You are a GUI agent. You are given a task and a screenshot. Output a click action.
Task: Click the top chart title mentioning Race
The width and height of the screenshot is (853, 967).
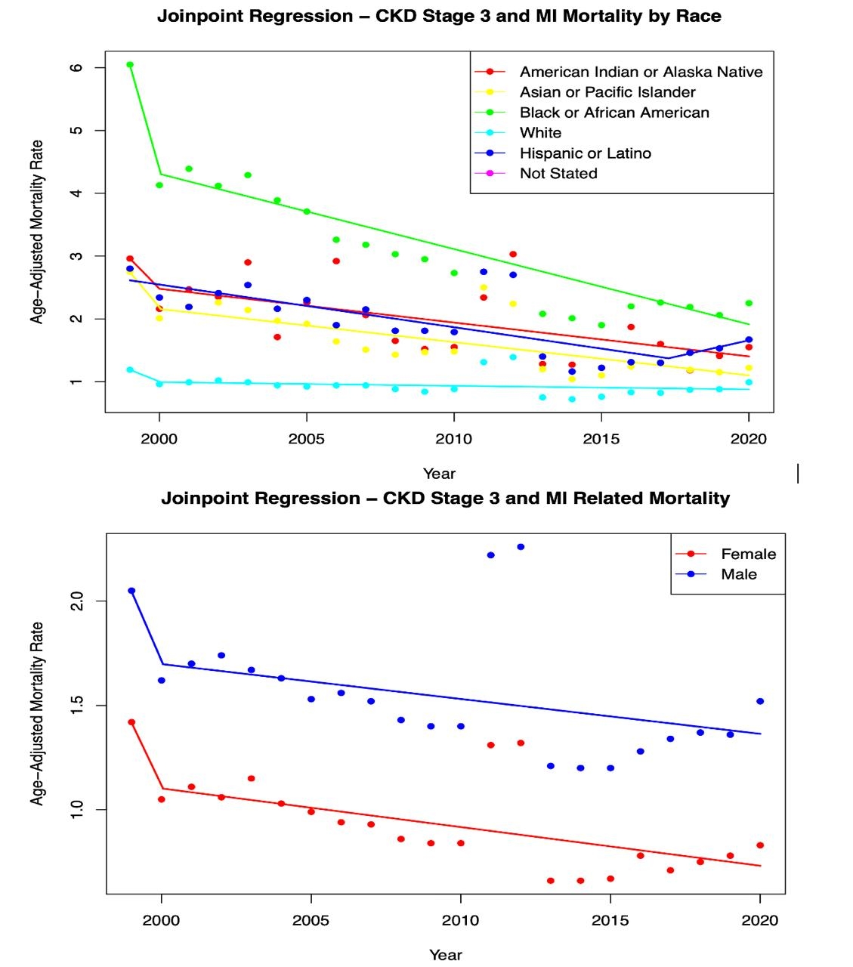[x=439, y=16]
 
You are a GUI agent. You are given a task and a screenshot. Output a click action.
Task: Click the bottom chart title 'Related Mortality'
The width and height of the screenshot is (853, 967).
[x=445, y=499]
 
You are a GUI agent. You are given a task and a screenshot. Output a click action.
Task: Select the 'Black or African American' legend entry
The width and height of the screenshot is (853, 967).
[x=614, y=113]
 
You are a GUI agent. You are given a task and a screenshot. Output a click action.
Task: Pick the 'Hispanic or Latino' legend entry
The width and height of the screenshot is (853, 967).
[x=585, y=153]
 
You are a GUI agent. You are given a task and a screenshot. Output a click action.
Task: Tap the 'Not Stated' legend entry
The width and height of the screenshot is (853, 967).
[x=558, y=174]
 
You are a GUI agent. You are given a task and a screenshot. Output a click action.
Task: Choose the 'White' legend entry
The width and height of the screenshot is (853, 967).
[x=540, y=133]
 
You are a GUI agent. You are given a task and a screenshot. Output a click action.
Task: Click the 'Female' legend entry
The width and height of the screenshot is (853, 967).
[x=748, y=554]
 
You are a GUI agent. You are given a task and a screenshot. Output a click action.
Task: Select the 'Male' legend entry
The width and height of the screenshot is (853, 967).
[x=738, y=574]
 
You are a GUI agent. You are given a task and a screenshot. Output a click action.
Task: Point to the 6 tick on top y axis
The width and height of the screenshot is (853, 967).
[x=77, y=67]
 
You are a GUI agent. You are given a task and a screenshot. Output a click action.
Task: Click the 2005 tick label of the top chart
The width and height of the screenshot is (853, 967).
[x=306, y=439]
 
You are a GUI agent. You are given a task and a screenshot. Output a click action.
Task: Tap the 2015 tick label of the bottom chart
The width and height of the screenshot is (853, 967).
[x=610, y=920]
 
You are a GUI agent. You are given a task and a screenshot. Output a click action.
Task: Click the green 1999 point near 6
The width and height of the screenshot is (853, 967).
[x=130, y=65]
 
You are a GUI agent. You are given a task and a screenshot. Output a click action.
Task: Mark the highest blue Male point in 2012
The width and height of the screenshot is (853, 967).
[x=521, y=547]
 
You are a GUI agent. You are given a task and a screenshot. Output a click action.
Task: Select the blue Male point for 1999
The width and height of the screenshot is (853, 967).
[x=131, y=591]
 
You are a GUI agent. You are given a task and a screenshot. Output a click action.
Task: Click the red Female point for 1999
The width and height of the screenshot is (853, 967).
[x=131, y=722]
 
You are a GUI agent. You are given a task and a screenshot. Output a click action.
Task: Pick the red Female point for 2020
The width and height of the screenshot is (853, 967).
[x=760, y=845]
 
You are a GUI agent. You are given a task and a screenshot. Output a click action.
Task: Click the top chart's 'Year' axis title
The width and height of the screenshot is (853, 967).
[x=439, y=474]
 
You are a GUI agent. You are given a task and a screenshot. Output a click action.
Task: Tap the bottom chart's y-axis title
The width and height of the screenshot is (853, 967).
[x=37, y=713]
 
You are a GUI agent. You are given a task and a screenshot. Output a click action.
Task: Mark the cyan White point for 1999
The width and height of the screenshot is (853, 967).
[x=130, y=369]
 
